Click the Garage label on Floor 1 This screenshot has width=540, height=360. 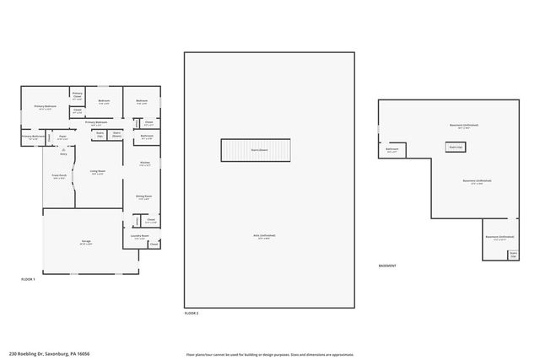coord(86,242)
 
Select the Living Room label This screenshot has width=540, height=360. coord(98,171)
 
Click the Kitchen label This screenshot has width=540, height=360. coord(145,163)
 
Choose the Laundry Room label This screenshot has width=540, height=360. coord(140,237)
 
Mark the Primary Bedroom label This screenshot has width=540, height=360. coord(44,107)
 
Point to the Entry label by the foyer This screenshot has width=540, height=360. coord(63,153)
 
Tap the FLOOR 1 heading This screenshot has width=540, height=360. coord(28,279)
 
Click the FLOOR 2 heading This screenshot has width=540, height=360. coord(192,313)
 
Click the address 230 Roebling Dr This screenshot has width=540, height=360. coord(49,354)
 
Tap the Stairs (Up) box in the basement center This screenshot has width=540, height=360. coord(456,147)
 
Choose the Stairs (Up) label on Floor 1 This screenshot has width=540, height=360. coord(100,133)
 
